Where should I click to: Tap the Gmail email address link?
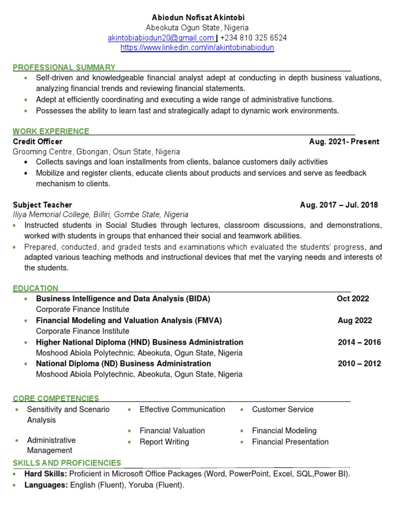point(160,38)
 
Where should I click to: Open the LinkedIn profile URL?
point(197,47)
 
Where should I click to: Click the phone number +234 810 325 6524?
point(253,38)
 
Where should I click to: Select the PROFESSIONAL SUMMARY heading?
point(64,67)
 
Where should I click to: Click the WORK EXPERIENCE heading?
point(51,131)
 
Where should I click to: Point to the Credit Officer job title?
point(38,142)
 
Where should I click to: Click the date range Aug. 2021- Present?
point(344,142)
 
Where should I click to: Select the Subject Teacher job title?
point(42,205)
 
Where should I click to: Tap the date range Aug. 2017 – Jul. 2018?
point(338,205)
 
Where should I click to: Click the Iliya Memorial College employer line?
point(100,215)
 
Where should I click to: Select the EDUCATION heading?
point(35,288)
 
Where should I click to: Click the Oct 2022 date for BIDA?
point(353,298)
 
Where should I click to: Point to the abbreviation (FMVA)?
point(208,320)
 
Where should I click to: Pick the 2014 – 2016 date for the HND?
point(359,342)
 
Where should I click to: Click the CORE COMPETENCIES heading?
point(56,398)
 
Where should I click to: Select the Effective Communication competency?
point(182,409)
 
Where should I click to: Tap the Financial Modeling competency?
point(284,431)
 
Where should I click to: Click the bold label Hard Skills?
point(46,474)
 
